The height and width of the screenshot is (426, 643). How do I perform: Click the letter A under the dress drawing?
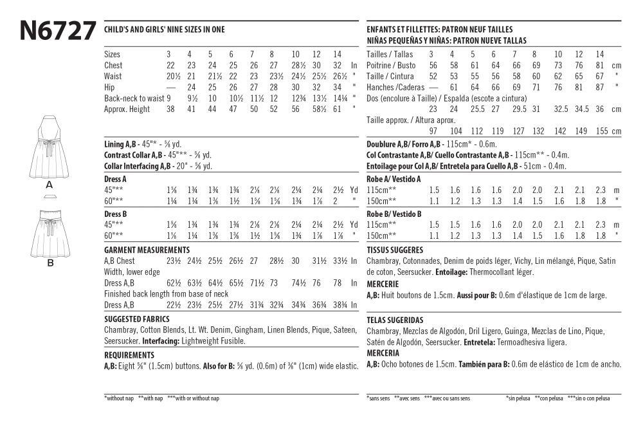point(50,185)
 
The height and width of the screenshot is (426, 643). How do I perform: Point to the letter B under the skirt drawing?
point(50,263)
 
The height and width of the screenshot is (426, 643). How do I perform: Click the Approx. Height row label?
point(127,109)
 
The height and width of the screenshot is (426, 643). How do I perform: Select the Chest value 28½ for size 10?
point(298,65)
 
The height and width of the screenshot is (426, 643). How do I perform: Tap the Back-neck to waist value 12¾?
point(298,98)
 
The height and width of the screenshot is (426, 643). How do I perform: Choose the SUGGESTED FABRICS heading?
point(136,319)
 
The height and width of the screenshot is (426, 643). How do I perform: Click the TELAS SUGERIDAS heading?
point(395,319)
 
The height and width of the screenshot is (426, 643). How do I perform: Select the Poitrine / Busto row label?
point(391,65)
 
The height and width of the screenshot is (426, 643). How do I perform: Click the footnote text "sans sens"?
point(379,398)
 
